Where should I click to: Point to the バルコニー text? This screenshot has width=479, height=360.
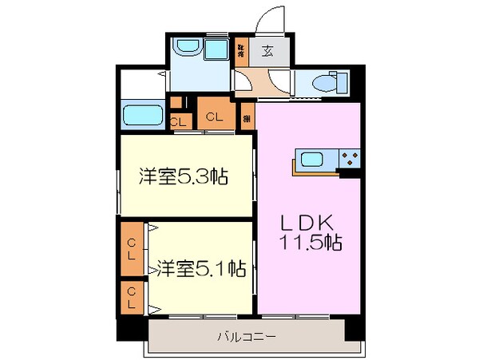[x=247, y=337]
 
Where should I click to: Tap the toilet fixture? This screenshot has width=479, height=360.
[x=323, y=82]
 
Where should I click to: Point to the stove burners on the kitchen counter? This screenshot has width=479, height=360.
[x=349, y=157]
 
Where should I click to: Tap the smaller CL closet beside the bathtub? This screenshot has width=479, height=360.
[x=180, y=121]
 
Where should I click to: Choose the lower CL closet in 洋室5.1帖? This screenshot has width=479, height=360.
[x=131, y=300]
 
